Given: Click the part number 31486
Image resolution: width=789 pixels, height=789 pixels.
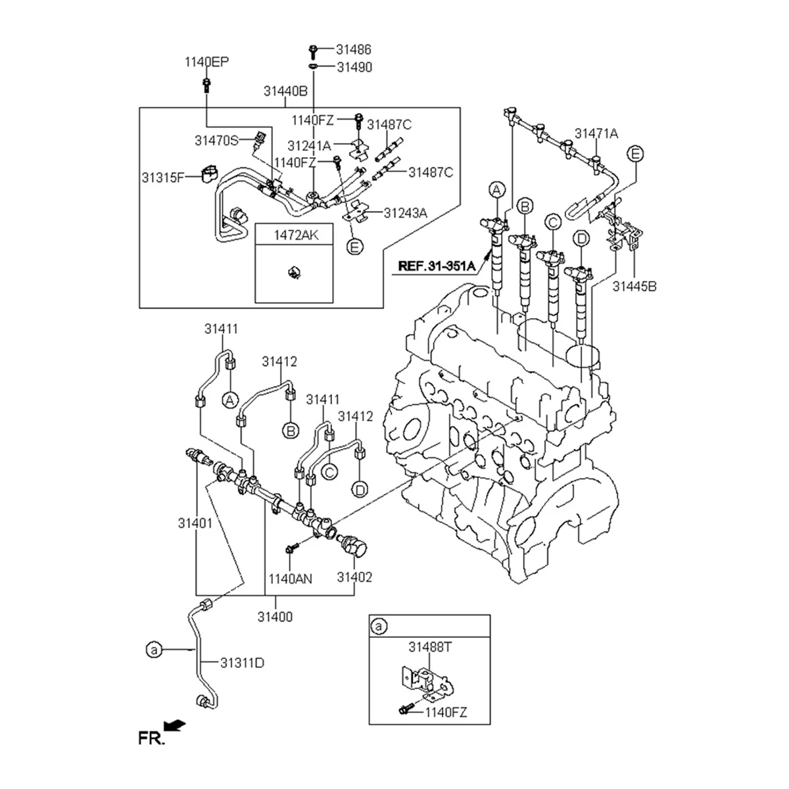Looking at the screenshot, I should point(354,49).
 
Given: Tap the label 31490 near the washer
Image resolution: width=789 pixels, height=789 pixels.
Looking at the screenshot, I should point(354,67).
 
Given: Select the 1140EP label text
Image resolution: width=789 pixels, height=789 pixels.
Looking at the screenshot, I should point(206,62).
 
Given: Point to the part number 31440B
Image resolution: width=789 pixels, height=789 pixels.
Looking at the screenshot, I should point(286,92).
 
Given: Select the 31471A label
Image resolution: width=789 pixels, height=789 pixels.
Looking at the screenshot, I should point(596,133).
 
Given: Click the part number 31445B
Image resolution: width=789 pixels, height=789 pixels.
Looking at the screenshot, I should point(634,286).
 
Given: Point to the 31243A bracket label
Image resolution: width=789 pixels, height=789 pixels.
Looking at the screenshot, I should point(406,212).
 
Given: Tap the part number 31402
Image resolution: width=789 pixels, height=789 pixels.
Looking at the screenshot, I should point(355,577).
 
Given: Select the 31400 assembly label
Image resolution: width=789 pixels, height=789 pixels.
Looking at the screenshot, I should point(275,617).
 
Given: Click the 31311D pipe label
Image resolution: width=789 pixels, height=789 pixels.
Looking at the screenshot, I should point(242,663).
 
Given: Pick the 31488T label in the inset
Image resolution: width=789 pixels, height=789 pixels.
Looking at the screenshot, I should point(430,647).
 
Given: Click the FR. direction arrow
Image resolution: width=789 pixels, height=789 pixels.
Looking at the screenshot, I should point(174,725).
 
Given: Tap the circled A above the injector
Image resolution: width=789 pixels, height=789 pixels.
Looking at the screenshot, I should point(498,191).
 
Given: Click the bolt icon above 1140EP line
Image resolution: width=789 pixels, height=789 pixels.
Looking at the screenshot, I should point(206,83).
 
